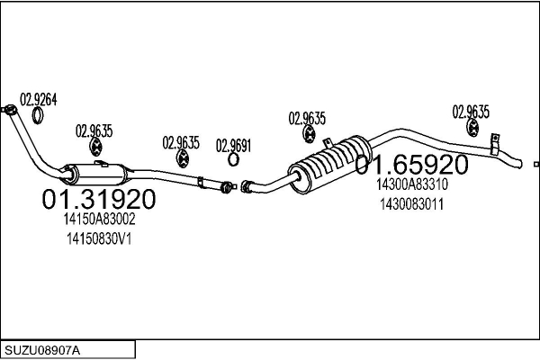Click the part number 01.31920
tap(99, 199)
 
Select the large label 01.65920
tap(411, 165)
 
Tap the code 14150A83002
tap(99, 219)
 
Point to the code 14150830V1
tap(99, 238)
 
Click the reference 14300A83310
tap(412, 184)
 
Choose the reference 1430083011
tap(412, 204)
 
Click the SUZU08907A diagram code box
tap(67, 350)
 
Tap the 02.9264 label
tap(38, 100)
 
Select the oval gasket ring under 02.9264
tap(38, 116)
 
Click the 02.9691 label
tap(233, 146)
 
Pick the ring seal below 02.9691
tap(233, 159)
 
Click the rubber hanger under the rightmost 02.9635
tap(472, 128)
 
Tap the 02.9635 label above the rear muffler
tap(307, 118)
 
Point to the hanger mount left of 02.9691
tap(182, 158)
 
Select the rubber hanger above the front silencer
tap(95, 147)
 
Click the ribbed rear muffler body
tap(329, 165)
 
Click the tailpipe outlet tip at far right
tap(520, 165)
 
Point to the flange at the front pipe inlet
tap(10, 110)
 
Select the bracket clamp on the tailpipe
tap(494, 144)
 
